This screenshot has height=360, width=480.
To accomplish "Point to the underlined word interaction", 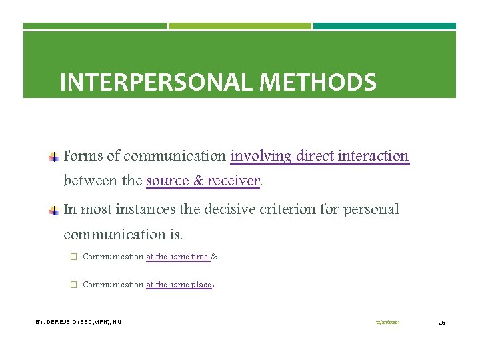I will tap(373, 156).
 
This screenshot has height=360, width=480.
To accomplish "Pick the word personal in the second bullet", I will tap(371, 209).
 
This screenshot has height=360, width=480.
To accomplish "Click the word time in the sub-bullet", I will tap(199, 257).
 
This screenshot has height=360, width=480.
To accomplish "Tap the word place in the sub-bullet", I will tap(201, 285).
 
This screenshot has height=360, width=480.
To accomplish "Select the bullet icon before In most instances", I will tap(55, 211).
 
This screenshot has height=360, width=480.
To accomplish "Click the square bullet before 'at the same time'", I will tap(73, 257).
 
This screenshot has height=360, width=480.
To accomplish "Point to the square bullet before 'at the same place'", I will tap(73, 285).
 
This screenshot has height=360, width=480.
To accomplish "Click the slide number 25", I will tap(441, 323).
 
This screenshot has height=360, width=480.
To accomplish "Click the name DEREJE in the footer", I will tap(59, 322).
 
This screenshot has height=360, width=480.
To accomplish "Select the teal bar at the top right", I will tap(385, 26).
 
